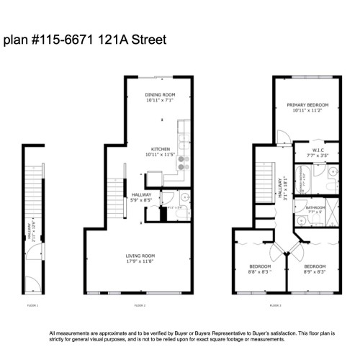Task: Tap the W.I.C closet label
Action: pos(318,150)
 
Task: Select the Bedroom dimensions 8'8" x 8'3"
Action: pos(259,272)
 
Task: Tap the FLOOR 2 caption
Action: pos(140,306)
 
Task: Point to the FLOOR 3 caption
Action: pos(274,306)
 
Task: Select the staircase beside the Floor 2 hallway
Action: pos(115,198)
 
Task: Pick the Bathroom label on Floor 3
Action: pos(315,207)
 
